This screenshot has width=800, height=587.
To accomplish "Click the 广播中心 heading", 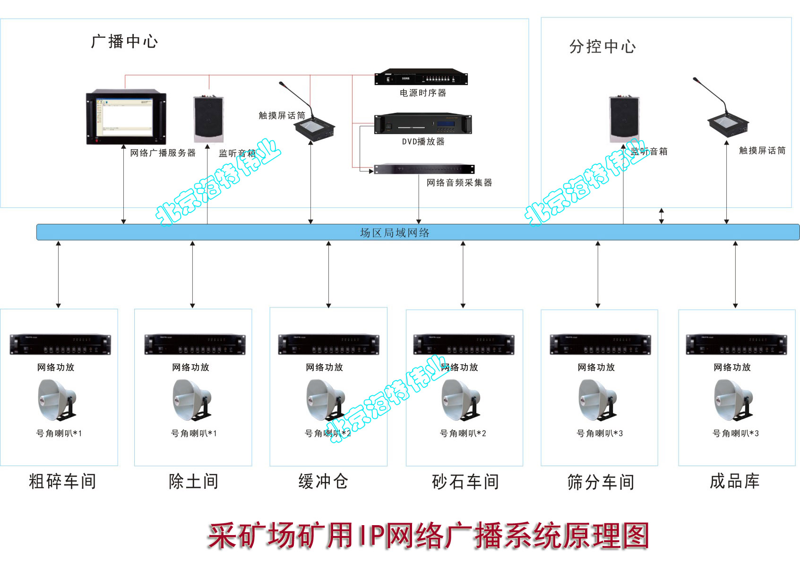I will point(124,42).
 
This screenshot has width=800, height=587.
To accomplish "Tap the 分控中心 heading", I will point(602,47).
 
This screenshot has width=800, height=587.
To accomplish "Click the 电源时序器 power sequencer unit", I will point(421,77).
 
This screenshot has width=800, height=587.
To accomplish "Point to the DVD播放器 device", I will point(423,124).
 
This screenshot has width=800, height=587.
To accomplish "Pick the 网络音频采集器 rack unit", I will point(424,169).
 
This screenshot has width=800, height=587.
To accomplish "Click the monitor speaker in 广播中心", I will point(208,119).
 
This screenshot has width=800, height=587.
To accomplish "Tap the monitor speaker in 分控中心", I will point(624,119).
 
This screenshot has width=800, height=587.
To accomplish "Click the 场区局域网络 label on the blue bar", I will point(395,233).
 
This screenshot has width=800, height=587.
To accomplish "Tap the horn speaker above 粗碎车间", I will point(57,400).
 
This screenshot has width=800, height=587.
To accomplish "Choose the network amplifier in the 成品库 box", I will point(736,344).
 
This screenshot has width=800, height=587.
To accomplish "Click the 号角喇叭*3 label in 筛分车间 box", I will point(600,434).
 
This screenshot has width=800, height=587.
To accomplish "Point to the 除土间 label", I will point(193,482).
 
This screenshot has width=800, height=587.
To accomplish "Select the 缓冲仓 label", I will point(323,482).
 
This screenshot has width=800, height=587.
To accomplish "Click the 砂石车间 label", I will point(465,482).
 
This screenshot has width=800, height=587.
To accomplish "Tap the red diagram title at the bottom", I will point(428,536).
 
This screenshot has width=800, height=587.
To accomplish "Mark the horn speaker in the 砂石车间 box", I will point(461,400).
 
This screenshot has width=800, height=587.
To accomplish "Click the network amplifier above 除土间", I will point(195,344).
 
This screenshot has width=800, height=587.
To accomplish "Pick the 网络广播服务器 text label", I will point(163,153).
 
